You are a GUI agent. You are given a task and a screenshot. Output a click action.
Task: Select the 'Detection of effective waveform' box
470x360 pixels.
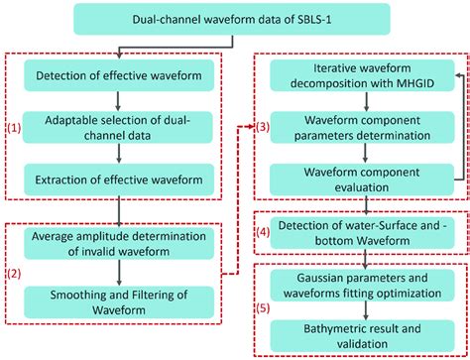tap(119, 76)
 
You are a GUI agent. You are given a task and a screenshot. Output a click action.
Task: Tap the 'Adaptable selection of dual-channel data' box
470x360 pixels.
tap(119, 126)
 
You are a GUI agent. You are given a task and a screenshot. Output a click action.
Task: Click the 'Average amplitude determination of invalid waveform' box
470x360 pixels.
tap(119, 245)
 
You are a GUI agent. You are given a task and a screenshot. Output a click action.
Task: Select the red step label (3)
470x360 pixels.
tap(263, 127)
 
